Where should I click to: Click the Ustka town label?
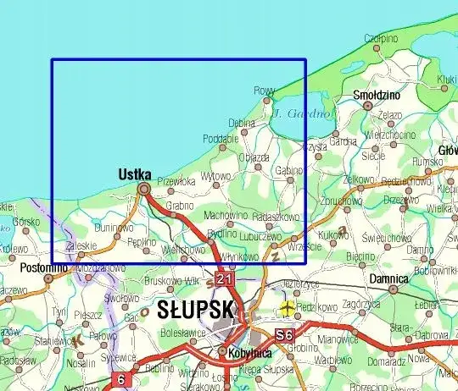tap(134, 173)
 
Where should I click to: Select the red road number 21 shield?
tap(224, 278)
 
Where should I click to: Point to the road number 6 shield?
tap(120, 379)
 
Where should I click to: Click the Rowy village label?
tap(265, 91)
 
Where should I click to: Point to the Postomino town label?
tap(44, 268)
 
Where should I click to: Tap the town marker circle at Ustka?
tap(144, 189)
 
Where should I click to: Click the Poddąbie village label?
tap(221, 139)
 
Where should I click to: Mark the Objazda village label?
tap(254, 157)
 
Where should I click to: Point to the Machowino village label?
tap(226, 215)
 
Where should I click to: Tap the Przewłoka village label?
tap(176, 180)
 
